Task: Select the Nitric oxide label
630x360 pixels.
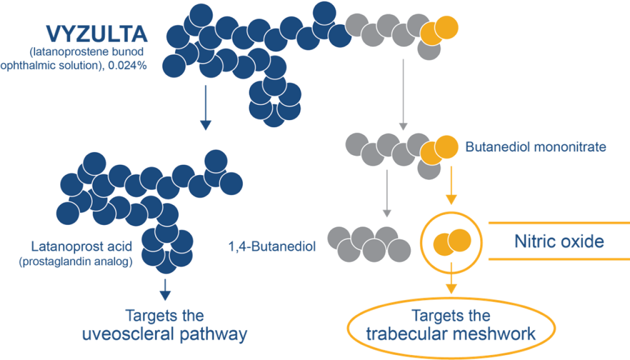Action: [559, 241]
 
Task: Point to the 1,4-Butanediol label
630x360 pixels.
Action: [272, 246]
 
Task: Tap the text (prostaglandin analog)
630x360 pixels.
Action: [75, 262]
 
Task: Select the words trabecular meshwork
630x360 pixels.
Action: [451, 335]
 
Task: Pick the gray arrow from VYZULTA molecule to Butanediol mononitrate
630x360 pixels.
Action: [403, 95]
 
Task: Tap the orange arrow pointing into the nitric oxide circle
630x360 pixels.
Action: [451, 186]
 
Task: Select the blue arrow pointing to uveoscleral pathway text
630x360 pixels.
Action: [166, 290]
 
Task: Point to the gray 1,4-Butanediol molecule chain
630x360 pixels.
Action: [369, 242]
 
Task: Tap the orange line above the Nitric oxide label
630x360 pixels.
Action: [559, 223]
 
